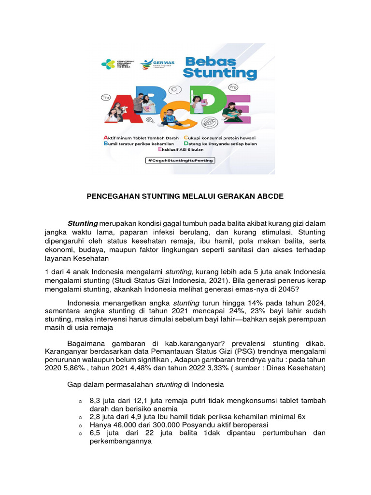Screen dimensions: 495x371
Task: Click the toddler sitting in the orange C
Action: click(169, 117)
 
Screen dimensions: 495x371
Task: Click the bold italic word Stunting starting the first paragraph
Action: click(83, 223)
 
